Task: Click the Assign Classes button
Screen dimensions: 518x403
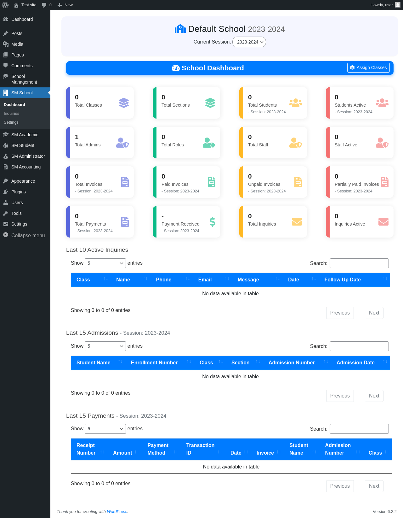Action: [x=368, y=68]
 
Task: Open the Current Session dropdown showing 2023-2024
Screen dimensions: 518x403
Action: [x=249, y=42]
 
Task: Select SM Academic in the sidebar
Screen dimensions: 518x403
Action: [x=25, y=135]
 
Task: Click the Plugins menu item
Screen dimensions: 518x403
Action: [x=18, y=192]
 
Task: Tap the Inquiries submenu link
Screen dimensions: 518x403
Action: [x=11, y=114]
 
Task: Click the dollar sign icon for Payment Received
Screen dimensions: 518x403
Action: [x=213, y=222]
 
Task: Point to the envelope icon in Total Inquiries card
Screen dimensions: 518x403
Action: [x=297, y=222]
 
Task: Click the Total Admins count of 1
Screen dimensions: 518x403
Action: [x=77, y=137]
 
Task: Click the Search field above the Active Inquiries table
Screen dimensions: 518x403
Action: [x=359, y=263]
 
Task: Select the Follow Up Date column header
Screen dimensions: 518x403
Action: [x=342, y=280]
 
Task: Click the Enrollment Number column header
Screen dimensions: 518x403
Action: [x=154, y=363]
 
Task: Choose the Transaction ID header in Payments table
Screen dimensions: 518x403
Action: [x=200, y=449]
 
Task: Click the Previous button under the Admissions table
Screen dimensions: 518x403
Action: [x=340, y=396]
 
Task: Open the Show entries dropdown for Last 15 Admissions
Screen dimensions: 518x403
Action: [x=105, y=346]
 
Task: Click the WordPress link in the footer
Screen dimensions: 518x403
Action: [x=117, y=511]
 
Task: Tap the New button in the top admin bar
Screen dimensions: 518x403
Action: [x=65, y=5]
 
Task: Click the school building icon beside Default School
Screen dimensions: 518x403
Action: [x=180, y=29]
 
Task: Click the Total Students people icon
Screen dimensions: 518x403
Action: [x=295, y=103]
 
